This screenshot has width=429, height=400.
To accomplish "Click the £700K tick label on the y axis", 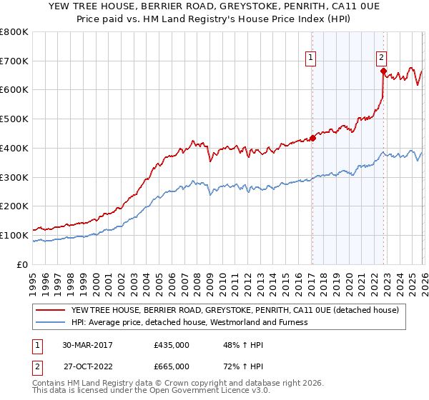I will [14, 61].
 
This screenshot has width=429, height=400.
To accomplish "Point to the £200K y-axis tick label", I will [14, 206].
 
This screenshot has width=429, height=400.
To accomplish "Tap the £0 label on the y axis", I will [23, 264].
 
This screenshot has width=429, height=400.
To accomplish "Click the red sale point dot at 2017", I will [312, 138].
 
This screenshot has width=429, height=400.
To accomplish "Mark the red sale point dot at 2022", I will [383, 71].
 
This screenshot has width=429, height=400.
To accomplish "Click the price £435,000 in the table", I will [172, 345].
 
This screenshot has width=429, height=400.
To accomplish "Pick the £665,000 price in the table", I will [172, 366].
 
